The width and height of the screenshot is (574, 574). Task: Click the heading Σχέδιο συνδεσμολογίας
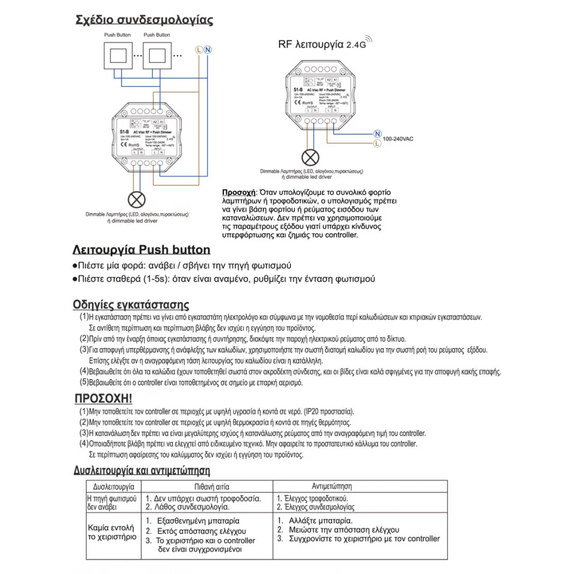(144, 21)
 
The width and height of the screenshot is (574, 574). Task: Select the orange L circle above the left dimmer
(199, 50)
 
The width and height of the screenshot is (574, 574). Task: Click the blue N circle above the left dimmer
(208, 50)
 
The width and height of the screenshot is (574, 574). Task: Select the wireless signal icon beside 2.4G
(368, 40)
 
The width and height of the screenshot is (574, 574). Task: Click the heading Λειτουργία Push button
(141, 250)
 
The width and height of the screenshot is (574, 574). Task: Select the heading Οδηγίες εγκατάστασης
(131, 304)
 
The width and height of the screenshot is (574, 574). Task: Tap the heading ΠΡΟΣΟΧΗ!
(104, 398)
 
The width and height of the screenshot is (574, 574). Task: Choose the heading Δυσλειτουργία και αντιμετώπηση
(141, 471)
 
